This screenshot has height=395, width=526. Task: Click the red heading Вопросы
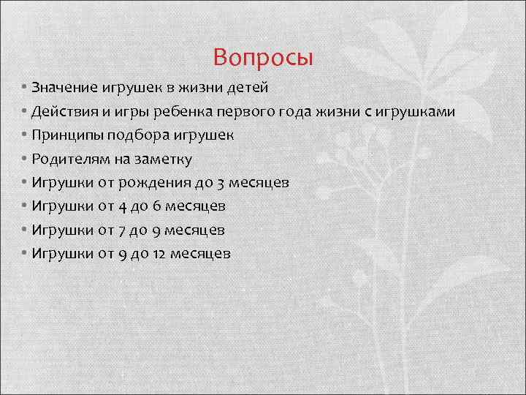(x=263, y=56)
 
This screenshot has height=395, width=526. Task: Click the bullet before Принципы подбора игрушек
(x=24, y=135)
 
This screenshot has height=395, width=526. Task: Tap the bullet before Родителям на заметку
(x=24, y=159)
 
